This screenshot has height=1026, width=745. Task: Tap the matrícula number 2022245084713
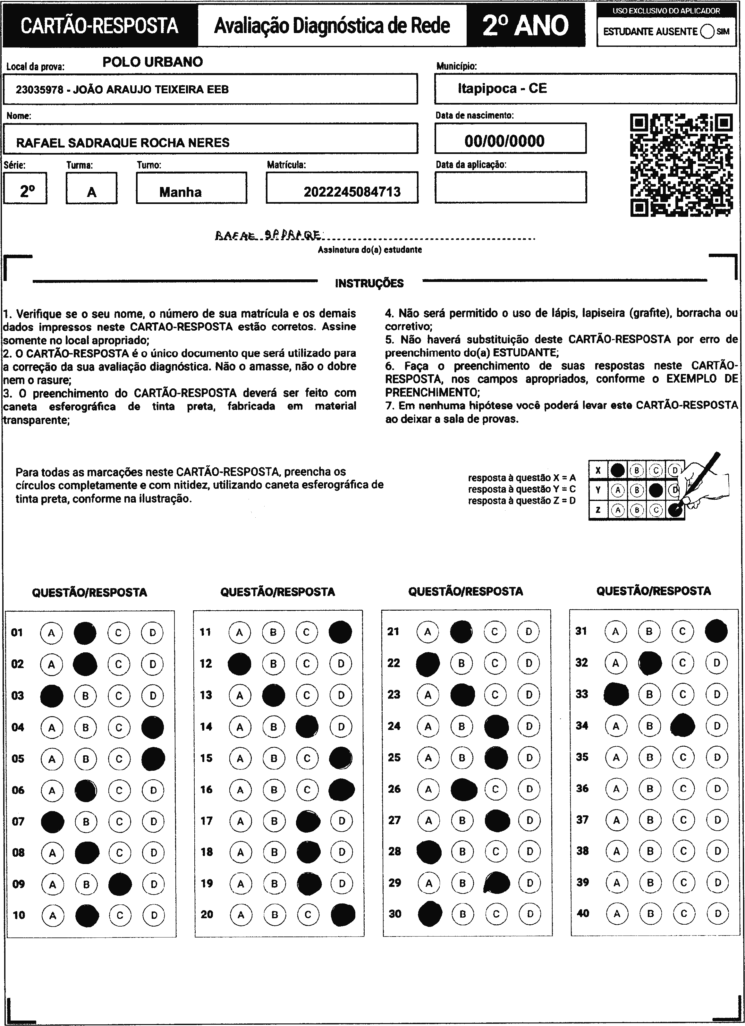pos(352,192)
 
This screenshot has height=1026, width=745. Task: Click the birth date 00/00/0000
pos(504,141)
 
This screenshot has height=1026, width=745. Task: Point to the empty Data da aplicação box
pos(511,187)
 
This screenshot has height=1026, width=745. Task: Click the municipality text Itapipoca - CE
pos(502,88)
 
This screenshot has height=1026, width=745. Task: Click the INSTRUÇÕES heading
pos(369,284)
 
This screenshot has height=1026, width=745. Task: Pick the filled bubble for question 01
pos(85,633)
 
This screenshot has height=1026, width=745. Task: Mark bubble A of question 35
pos(616,757)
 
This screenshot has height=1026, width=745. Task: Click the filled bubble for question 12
pos(239,664)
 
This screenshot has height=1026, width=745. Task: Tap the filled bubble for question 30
pos(430,913)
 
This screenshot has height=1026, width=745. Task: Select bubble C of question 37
pos(683,820)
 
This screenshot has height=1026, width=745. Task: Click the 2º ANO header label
pos(526,25)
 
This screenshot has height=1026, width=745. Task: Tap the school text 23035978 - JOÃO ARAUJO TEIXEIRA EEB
pos(122,89)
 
